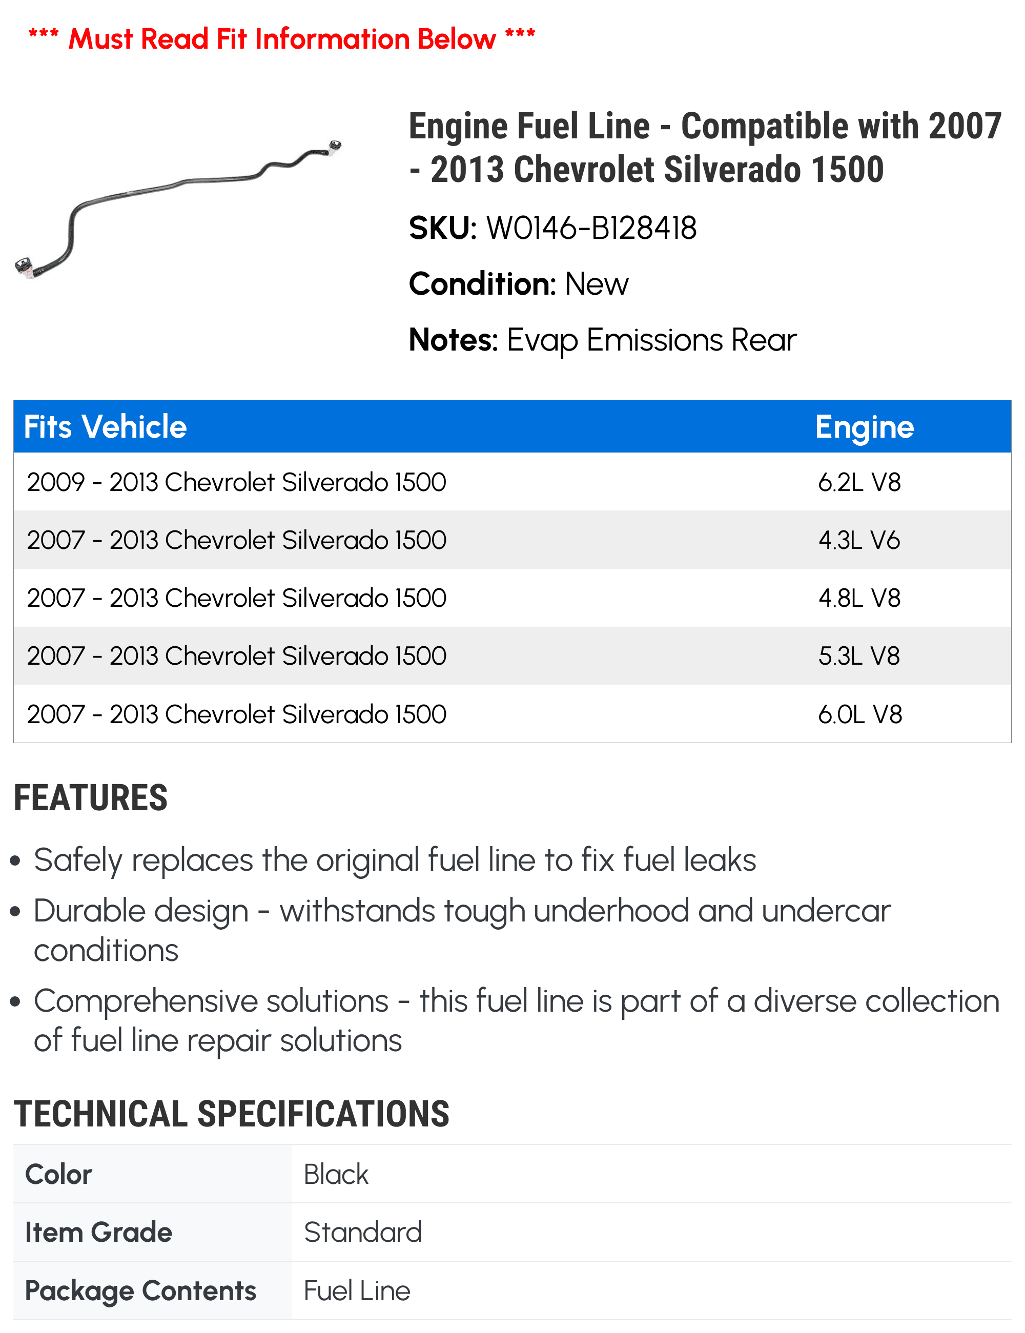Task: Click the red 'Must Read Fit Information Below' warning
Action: [x=282, y=39]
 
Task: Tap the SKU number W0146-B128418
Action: [x=590, y=228]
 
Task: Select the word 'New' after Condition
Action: [x=596, y=284]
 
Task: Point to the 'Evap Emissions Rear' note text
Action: [x=651, y=340]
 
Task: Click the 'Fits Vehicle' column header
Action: [x=105, y=426]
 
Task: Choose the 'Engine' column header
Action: [x=864, y=426]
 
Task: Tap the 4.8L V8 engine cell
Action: [x=859, y=599]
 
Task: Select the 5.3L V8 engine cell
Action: [x=859, y=657]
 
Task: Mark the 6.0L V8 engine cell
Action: [x=859, y=714]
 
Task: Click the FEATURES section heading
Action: [x=90, y=798]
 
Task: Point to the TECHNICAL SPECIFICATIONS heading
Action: [x=231, y=1114]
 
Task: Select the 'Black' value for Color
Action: [x=336, y=1174]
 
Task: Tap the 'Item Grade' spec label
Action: [x=98, y=1233]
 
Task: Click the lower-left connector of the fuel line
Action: [x=25, y=267]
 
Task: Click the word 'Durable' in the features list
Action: [x=141, y=911]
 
